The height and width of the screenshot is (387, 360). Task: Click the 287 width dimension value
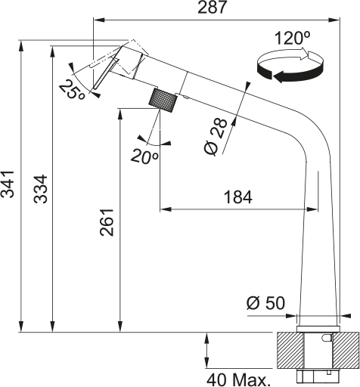pos(213,7)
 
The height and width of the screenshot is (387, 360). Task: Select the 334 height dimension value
pos(41,189)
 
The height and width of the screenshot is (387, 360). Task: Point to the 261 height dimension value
pos(107,222)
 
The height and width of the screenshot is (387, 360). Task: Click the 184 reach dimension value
pos(238,197)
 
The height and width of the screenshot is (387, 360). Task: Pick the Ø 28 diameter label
pos(216,137)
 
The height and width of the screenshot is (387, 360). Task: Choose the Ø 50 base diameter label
pos(265,303)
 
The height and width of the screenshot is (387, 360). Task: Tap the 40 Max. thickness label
pos(237,380)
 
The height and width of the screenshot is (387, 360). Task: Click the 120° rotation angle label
pos(292,38)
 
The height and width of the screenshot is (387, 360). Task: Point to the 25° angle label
pos(72,89)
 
